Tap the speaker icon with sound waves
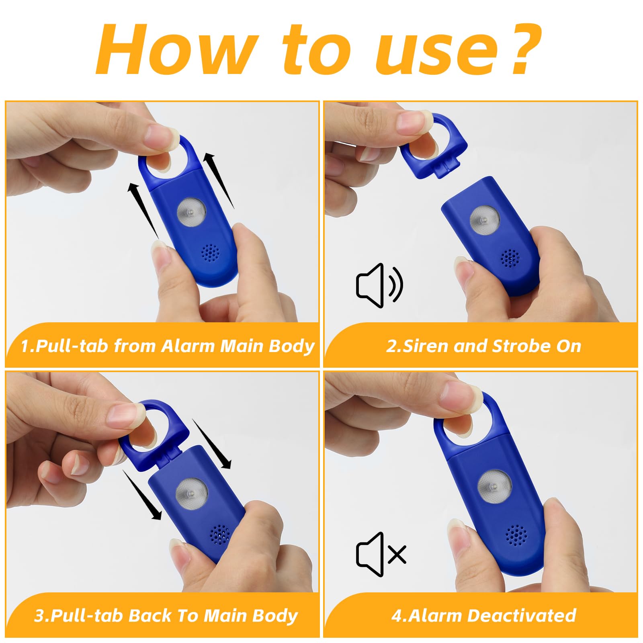pos(379,285)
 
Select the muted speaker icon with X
pos(381,555)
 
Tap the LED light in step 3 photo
pos(192,492)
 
